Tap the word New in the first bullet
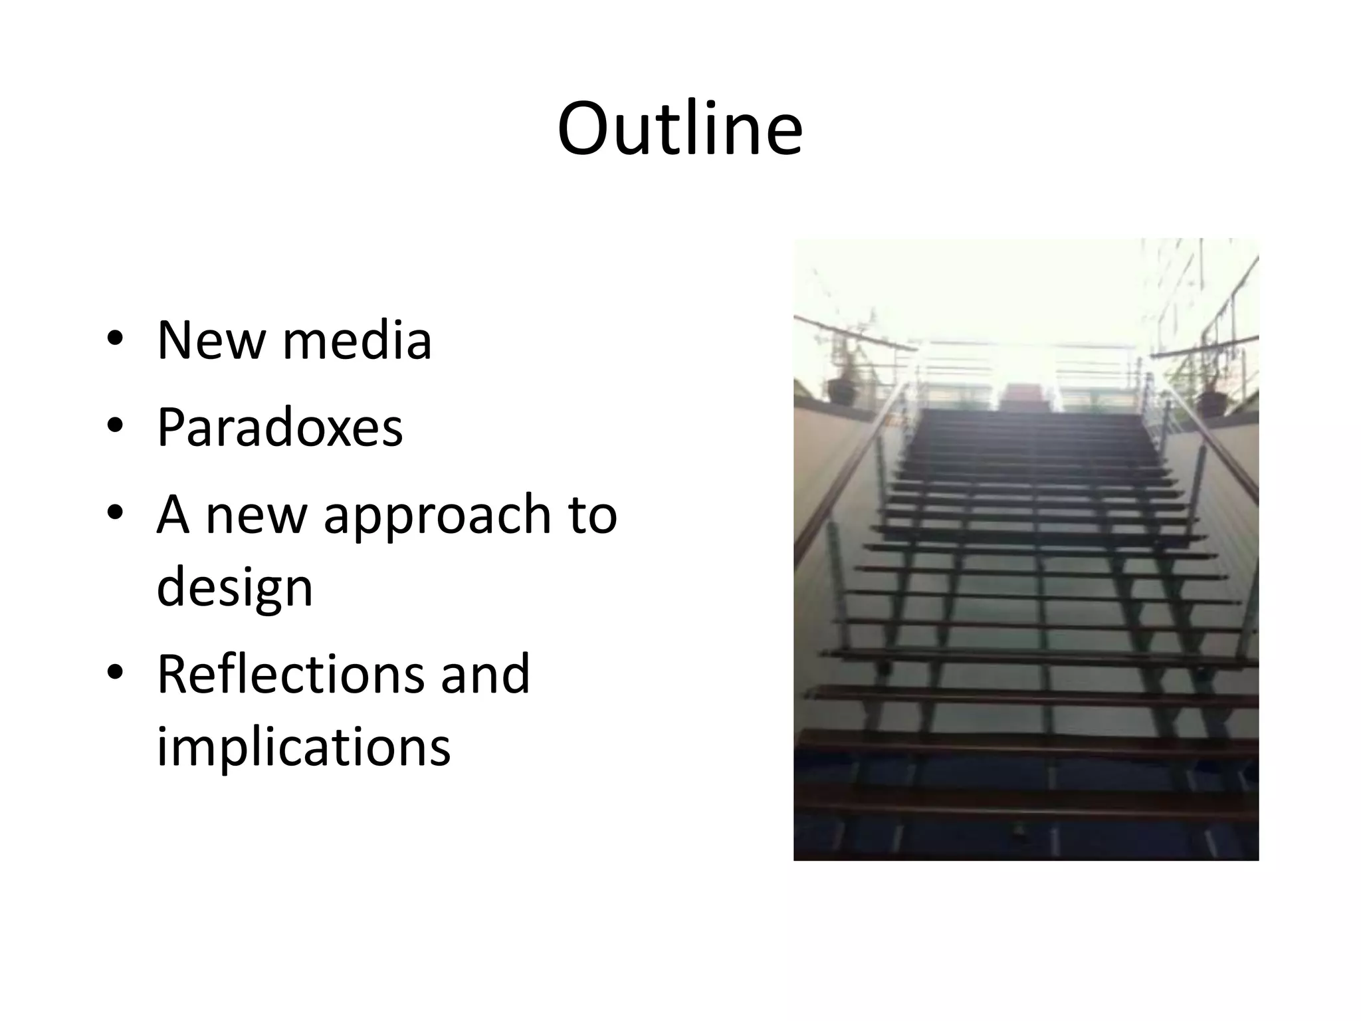pyautogui.click(x=210, y=340)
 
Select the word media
pyautogui.click(x=357, y=340)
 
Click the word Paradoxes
pyautogui.click(x=279, y=427)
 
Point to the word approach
pyautogui.click(x=437, y=516)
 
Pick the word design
pyautogui.click(x=234, y=588)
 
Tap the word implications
pyautogui.click(x=303, y=746)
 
